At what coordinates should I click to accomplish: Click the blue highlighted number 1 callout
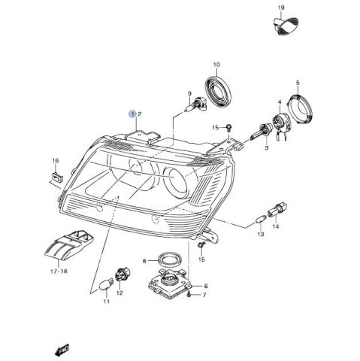[132, 114]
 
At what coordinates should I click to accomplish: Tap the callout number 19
[281, 8]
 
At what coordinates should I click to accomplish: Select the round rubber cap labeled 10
[219, 91]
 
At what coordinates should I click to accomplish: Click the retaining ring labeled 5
[299, 109]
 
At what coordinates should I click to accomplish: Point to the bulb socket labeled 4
[281, 124]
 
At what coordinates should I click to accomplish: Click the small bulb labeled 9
[196, 105]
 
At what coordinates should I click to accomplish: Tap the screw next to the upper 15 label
[228, 128]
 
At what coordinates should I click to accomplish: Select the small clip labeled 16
[57, 177]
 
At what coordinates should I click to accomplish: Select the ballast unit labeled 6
[170, 283]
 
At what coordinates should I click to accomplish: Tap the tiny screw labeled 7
[189, 296]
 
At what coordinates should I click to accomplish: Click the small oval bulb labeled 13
[261, 219]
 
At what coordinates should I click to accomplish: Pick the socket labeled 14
[277, 210]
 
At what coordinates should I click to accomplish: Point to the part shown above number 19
[286, 26]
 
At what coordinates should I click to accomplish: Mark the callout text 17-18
[59, 272]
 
